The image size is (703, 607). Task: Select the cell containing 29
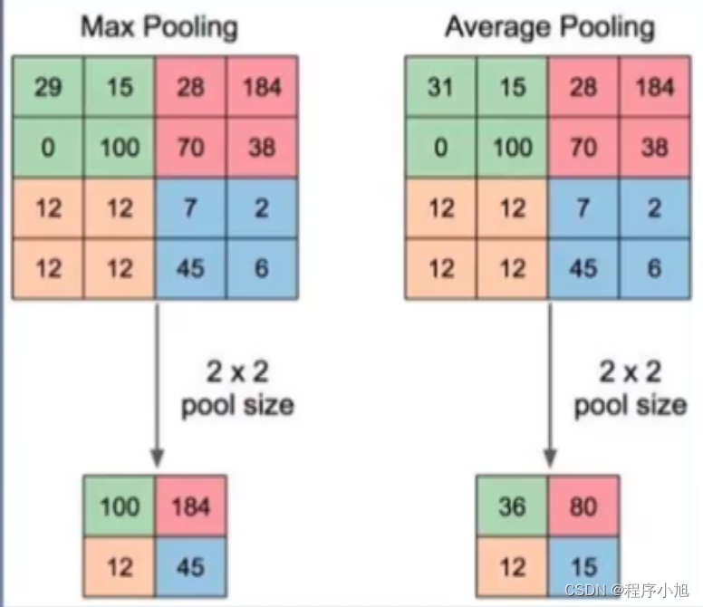coord(48,87)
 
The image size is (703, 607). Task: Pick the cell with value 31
coord(440,87)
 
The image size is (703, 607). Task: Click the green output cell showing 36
coord(512,506)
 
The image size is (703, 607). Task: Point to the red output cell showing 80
coord(583,506)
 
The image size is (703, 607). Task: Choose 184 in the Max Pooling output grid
coord(190,506)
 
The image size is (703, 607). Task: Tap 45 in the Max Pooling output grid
coord(190,567)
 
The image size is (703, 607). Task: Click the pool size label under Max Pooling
coord(238,388)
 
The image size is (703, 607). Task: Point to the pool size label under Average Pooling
coord(631,388)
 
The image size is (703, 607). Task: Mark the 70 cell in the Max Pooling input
coord(190,147)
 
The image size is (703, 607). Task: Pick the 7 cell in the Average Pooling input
coord(583,208)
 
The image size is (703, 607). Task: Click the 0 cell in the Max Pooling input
coord(48,147)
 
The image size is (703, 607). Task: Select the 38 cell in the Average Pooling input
coord(654,147)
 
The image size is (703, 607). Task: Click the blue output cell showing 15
coord(583,567)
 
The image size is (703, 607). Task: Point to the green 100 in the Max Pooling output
coord(119,506)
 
